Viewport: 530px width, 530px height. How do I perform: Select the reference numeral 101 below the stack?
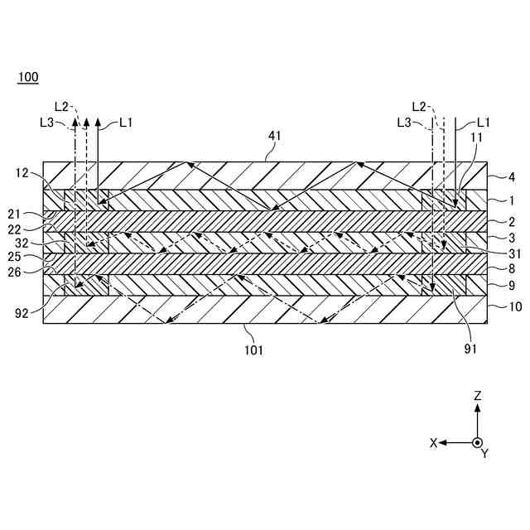tap(253, 350)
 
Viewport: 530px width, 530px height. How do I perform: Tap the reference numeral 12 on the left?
tap(23, 173)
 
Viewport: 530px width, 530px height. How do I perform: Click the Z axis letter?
tap(478, 397)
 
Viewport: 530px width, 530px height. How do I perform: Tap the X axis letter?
tap(433, 443)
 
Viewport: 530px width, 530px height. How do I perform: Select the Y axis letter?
tap(485, 454)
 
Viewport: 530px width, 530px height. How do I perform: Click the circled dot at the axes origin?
tap(477, 442)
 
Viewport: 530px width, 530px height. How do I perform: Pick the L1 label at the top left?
tap(126, 123)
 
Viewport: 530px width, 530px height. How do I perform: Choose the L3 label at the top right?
tap(405, 123)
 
